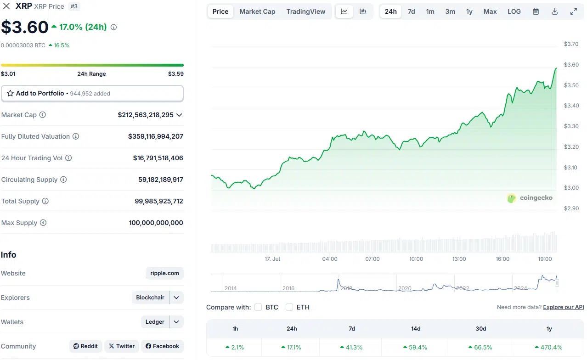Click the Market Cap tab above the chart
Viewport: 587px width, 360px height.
257,11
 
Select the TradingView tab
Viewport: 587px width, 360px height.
305,11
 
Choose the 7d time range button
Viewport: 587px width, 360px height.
411,11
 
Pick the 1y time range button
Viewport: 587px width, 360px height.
469,11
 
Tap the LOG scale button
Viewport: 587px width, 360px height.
514,11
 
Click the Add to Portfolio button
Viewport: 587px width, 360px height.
92,93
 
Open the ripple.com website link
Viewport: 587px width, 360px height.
164,273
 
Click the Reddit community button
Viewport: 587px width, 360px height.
85,346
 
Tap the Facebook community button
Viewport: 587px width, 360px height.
162,346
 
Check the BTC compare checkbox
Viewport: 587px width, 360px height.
258,307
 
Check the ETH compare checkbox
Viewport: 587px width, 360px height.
289,307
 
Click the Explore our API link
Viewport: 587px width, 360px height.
563,307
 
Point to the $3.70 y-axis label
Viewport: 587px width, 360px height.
571,44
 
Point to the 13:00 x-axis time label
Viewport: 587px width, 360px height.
459,259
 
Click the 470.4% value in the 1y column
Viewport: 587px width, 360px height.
549,347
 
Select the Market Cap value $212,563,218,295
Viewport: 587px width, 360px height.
146,115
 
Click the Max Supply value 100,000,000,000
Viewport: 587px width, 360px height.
156,223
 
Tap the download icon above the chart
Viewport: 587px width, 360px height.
554,11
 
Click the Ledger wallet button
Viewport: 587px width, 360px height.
155,322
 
